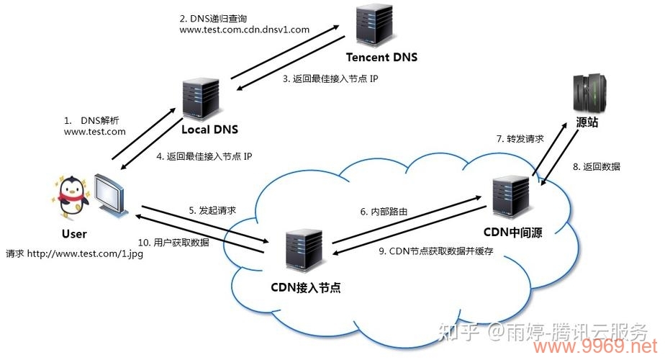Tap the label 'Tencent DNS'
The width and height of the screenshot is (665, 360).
coord(381,58)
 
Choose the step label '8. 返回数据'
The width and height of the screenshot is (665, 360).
coord(597,166)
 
